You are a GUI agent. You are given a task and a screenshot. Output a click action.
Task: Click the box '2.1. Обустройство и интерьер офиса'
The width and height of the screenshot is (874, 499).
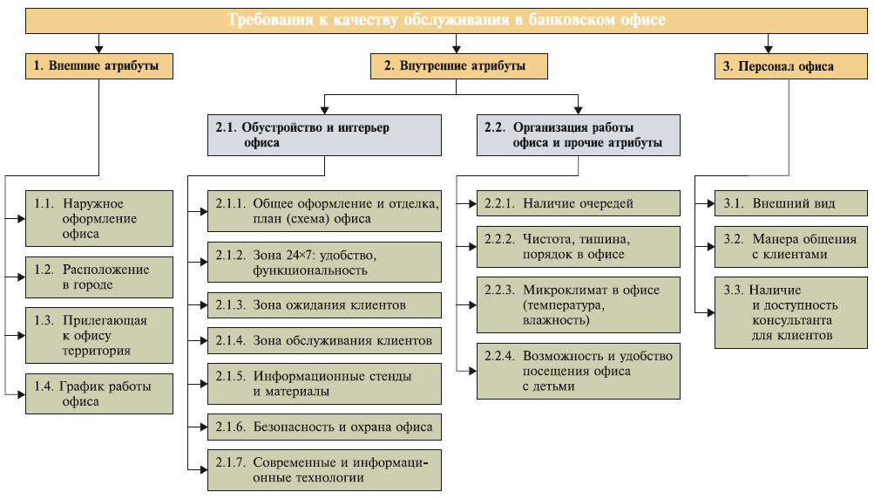pos(323,134)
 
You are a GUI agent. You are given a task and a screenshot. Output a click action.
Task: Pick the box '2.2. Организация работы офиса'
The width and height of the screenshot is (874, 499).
pos(578,134)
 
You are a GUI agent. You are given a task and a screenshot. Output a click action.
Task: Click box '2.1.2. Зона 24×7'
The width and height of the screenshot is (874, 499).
pos(323,262)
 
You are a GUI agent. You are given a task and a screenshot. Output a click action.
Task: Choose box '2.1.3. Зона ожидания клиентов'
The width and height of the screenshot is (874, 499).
pos(323,304)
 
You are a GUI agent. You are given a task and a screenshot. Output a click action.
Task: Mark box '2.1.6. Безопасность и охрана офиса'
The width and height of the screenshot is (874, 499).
pos(323,427)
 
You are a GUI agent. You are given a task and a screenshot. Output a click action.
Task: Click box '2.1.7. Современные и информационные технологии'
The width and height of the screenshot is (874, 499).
pos(323,469)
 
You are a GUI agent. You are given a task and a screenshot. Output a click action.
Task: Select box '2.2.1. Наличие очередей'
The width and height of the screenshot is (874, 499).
pos(578,203)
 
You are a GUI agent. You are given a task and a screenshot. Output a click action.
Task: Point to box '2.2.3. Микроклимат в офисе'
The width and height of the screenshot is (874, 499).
pos(578,304)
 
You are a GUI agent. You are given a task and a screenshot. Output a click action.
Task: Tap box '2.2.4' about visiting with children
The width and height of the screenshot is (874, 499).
pos(578,371)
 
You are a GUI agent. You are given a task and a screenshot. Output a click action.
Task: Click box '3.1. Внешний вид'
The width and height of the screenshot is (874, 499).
pos(790,203)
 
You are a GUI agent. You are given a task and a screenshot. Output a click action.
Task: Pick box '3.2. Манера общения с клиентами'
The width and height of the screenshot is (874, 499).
pos(790,246)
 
